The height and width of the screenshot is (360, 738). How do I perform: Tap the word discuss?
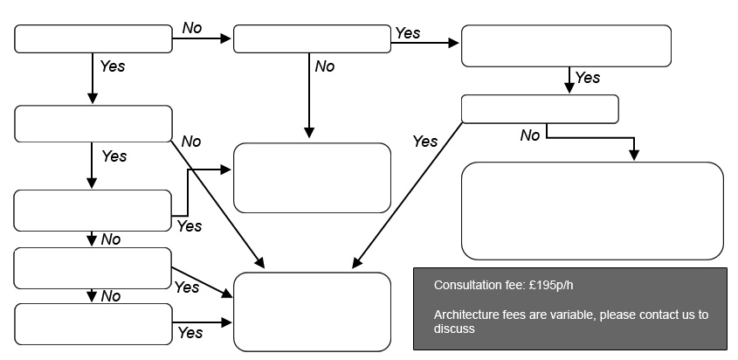tap(454, 329)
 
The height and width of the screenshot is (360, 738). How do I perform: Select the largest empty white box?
tap(592, 211)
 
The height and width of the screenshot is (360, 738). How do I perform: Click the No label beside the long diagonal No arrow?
tap(191, 142)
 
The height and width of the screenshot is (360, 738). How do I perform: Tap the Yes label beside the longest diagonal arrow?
tap(425, 142)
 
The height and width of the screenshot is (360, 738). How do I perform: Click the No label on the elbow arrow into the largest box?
tap(530, 135)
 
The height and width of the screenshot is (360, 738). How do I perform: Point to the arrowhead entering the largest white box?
tap(634, 155)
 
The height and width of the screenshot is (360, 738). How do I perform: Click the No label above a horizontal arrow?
tap(192, 28)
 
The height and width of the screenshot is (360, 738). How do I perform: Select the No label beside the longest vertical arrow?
tap(325, 66)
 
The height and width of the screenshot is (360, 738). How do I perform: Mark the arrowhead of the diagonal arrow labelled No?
tap(259, 263)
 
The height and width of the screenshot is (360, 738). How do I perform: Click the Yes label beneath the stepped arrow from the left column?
tap(190, 226)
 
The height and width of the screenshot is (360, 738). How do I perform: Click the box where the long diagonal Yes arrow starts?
tap(540, 109)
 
